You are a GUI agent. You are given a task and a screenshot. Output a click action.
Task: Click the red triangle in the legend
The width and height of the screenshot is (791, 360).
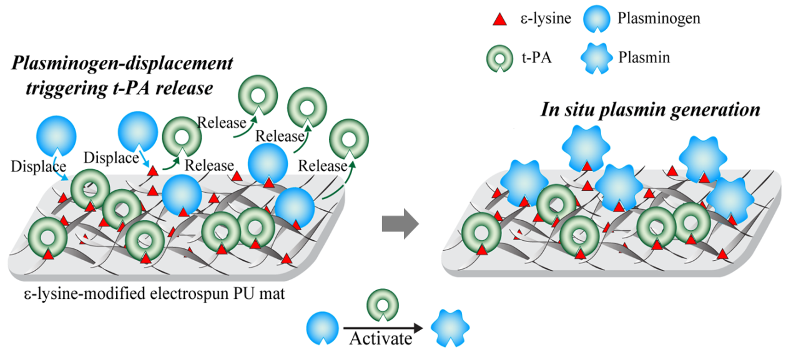[499, 19]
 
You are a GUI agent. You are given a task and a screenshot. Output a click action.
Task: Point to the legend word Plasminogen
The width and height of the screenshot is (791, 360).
[659, 19]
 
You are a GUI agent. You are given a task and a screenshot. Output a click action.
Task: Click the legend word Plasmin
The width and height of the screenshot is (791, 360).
[644, 59]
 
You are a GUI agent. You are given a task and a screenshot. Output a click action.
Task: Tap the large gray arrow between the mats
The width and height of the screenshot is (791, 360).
[400, 223]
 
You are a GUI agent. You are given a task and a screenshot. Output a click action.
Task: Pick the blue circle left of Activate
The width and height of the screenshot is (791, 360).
[323, 328]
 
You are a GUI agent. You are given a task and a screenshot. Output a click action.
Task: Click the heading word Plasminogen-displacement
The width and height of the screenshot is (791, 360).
[121, 64]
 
